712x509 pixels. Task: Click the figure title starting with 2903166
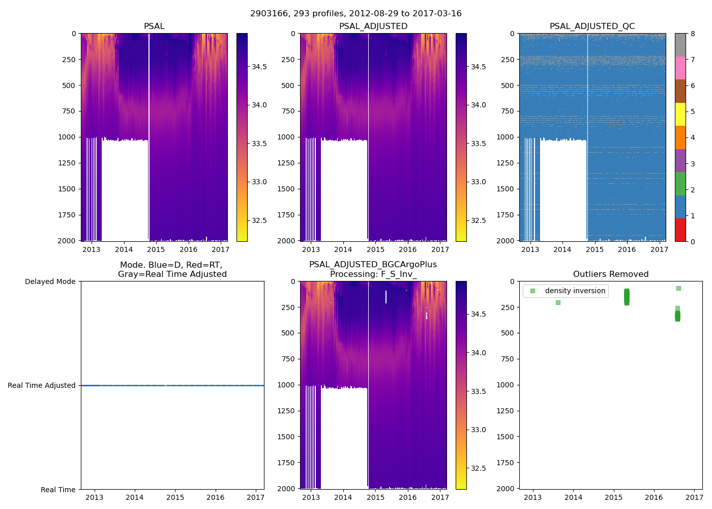(355, 14)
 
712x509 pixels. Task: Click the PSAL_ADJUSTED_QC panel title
(592, 26)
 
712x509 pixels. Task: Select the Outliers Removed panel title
(610, 274)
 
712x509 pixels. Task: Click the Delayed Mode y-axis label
(50, 281)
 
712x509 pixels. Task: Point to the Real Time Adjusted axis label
(42, 385)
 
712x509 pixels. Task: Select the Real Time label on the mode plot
(58, 490)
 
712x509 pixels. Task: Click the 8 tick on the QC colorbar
(692, 34)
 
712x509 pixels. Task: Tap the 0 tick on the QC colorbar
(692, 241)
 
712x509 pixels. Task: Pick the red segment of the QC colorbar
(680, 230)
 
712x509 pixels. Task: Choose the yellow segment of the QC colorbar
(680, 114)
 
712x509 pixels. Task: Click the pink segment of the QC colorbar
(680, 68)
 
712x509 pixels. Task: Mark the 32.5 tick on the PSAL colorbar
(259, 220)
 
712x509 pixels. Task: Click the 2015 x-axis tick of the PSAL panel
(156, 249)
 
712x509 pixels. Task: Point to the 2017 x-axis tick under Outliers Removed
(694, 497)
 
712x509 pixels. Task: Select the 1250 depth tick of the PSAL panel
(67, 163)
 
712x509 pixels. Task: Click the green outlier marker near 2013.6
(558, 302)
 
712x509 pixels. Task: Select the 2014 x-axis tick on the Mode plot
(135, 497)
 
